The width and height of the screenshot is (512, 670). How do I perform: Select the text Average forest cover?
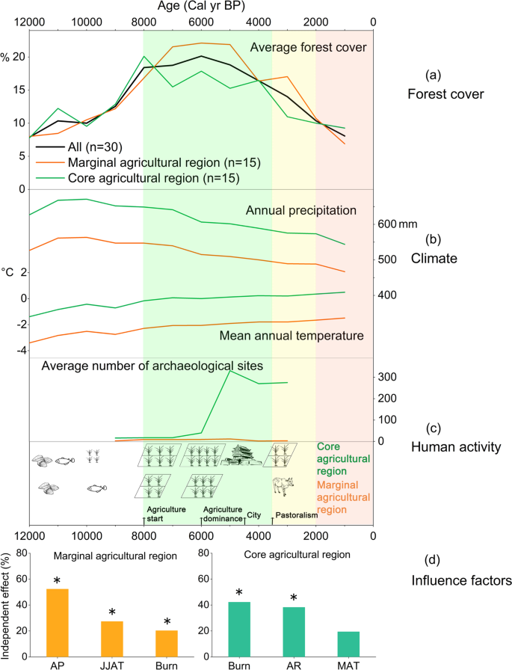click(307, 48)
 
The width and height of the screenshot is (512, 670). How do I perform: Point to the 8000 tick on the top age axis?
click(144, 22)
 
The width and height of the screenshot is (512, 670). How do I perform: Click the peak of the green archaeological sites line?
click(229, 370)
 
